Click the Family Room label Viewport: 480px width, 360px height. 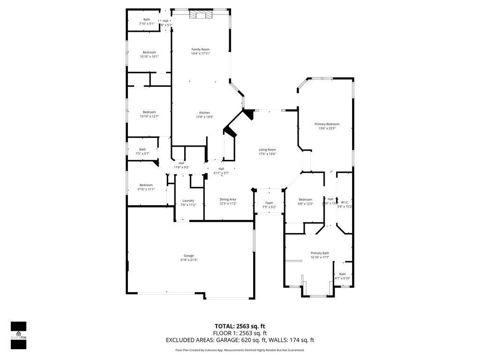200,49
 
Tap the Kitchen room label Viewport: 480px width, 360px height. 204,112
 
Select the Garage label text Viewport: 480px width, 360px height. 189,255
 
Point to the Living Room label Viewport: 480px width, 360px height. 267,150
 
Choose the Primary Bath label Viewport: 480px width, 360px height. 320,253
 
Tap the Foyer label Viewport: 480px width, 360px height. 269,203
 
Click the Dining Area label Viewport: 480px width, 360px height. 228,199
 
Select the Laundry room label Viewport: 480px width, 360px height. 188,201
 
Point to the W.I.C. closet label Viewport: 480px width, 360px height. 345,202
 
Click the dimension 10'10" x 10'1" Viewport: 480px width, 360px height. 149,57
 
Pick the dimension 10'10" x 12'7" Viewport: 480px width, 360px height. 149,116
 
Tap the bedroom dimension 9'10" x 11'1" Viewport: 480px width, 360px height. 145,189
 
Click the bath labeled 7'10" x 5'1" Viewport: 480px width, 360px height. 147,23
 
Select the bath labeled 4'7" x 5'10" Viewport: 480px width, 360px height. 343,278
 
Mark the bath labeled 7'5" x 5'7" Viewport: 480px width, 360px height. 142,154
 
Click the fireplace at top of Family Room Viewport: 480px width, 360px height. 201,15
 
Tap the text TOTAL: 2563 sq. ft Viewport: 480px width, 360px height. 240,326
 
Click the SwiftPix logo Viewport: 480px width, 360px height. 18,335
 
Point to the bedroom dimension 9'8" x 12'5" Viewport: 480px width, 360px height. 305,204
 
